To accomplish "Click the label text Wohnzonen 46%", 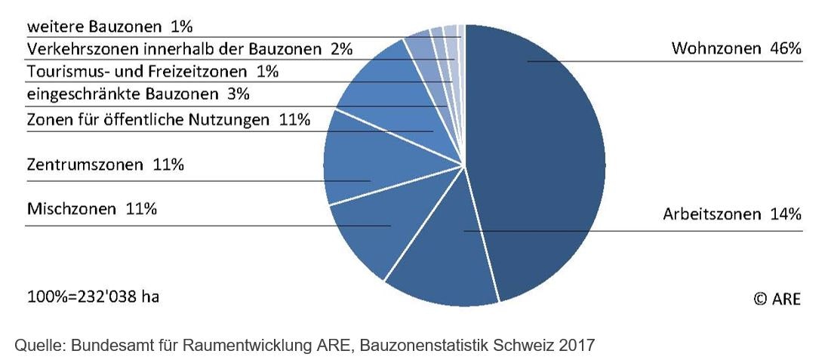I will click(735, 49).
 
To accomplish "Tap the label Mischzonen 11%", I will click(91, 209).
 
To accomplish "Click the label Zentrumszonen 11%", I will click(105, 165).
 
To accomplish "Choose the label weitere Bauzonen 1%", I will click(109, 27).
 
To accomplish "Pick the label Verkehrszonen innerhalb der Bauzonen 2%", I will click(189, 50).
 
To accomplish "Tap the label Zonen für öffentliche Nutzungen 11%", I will click(168, 120).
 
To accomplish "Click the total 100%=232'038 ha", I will click(93, 297).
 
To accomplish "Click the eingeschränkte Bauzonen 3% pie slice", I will click(418, 50).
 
